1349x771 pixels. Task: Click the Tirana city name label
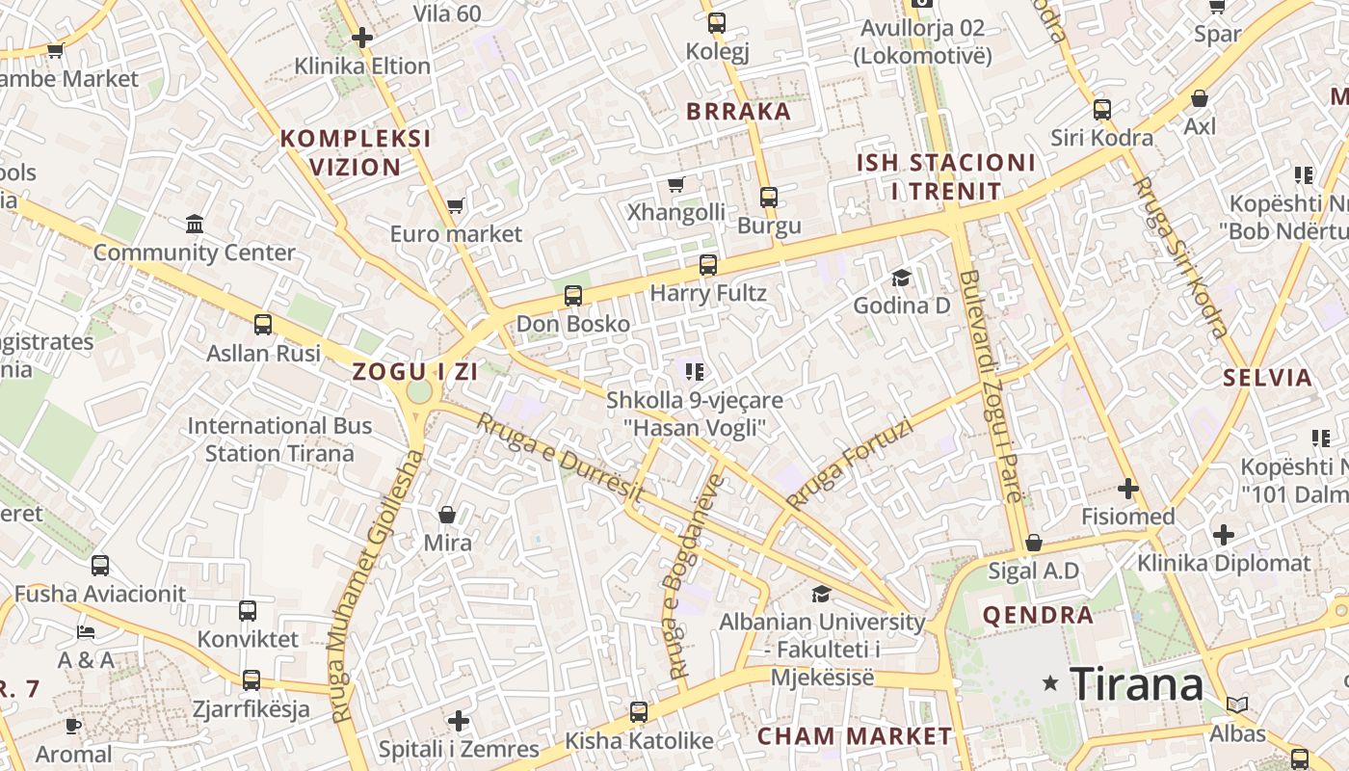1137,684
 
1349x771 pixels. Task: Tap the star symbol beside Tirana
1051,683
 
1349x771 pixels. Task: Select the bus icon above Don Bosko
573,296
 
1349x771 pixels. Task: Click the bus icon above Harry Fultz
708,264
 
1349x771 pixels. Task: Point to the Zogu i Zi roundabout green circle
419,391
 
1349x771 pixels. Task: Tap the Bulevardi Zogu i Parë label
990,386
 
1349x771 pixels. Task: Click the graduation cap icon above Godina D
901,278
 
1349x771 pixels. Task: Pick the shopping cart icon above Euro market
456,205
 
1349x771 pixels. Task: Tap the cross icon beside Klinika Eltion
362,39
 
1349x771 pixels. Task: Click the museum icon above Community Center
195,225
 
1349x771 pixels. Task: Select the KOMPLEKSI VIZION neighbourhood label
356,152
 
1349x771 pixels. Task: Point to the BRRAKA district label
738,111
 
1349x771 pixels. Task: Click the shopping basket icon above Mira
447,515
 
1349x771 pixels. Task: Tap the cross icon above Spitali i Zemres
459,721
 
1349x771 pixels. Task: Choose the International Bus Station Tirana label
279,439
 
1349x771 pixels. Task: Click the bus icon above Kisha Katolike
639,712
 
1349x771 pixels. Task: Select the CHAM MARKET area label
854,736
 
